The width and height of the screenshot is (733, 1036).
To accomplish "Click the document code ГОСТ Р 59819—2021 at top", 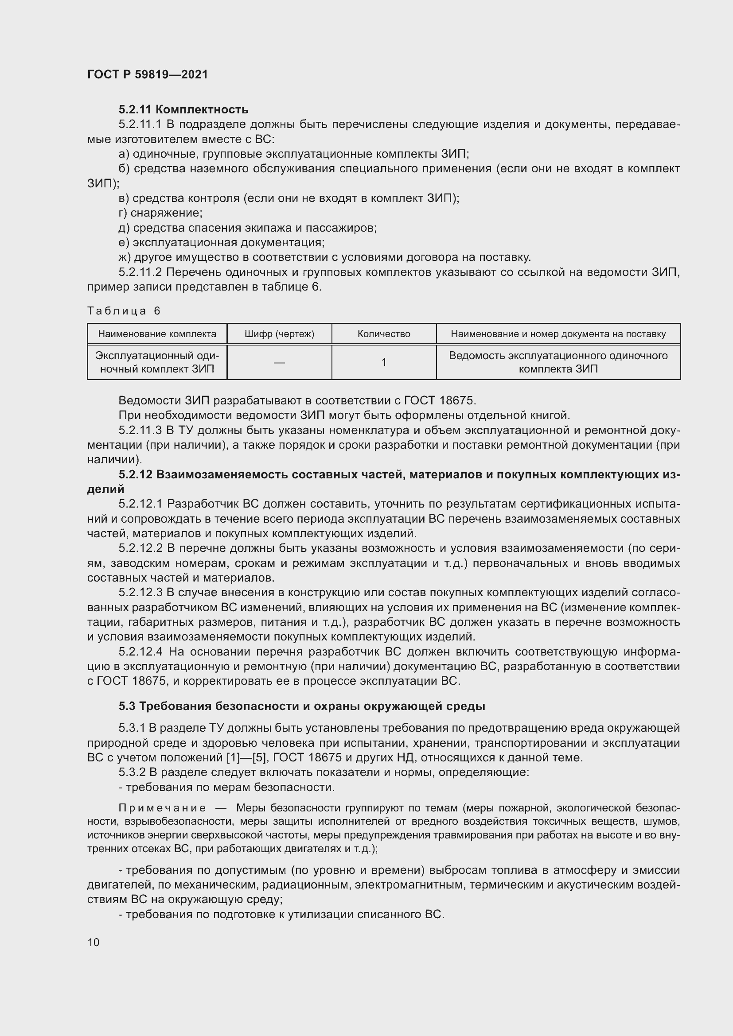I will click(x=148, y=74).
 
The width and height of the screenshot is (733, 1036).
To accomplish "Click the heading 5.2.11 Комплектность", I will click(x=183, y=110).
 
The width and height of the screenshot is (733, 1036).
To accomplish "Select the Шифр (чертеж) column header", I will click(x=279, y=334).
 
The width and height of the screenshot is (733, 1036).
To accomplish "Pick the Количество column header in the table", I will click(x=384, y=334).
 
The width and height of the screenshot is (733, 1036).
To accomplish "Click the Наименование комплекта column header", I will click(x=157, y=334).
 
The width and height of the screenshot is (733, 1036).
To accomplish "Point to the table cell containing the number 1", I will click(x=384, y=362).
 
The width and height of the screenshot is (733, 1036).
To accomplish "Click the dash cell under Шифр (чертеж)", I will click(x=279, y=362).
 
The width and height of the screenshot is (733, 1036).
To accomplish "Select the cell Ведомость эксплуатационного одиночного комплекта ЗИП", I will click(x=558, y=362).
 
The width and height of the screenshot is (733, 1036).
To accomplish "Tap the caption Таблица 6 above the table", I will click(x=124, y=311).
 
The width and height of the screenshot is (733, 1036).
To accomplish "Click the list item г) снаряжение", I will click(x=160, y=213).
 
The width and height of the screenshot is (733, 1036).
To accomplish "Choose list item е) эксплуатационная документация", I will click(x=221, y=243).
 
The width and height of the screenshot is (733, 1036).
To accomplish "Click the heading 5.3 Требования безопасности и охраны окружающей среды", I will click(x=302, y=706).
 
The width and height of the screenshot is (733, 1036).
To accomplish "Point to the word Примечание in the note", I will click(x=162, y=808).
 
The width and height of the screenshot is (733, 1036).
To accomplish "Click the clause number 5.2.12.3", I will click(x=140, y=593).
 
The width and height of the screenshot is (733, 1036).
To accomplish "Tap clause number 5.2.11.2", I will click(x=140, y=272).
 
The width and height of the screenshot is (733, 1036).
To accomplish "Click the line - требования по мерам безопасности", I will click(x=226, y=788).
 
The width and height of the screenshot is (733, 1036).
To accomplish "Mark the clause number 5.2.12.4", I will click(x=140, y=652).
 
